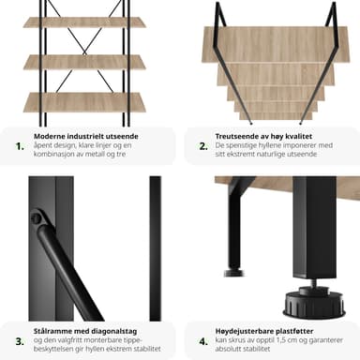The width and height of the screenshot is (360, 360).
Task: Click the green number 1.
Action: point(20,146)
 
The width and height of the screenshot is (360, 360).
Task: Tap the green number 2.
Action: point(203,146)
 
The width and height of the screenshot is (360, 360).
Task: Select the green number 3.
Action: point(20,341)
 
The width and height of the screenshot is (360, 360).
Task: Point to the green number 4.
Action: point(203,341)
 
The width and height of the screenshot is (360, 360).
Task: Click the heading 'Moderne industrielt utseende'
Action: point(86,136)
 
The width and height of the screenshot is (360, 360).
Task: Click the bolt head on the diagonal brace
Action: point(37,217)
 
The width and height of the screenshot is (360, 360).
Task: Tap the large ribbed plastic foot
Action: point(314,303)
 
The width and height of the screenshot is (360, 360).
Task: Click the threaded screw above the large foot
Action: point(313,283)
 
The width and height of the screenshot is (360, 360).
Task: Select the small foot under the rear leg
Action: point(233,273)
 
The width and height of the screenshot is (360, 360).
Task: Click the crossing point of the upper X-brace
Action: point(84,52)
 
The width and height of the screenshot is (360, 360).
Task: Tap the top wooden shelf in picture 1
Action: point(84,22)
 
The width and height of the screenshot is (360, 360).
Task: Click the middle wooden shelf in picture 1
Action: point(84,62)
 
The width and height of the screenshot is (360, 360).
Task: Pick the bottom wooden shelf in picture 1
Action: point(84,102)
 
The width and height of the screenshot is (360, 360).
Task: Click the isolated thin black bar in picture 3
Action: point(156,248)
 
